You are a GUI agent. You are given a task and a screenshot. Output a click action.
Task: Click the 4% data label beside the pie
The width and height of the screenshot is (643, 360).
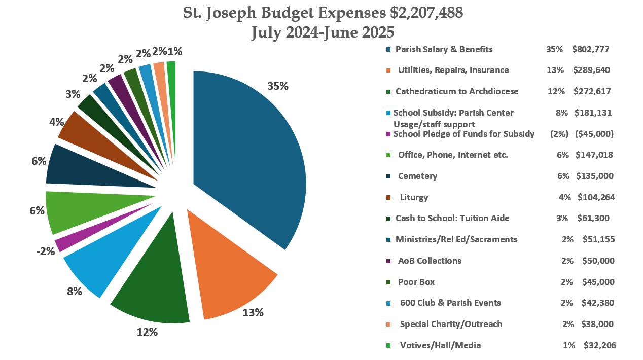tap(57, 122)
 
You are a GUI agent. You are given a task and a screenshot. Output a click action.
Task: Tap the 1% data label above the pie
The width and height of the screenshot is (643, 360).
tap(175, 51)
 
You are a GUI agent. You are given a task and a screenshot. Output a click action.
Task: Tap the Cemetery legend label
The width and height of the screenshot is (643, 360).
tap(417, 176)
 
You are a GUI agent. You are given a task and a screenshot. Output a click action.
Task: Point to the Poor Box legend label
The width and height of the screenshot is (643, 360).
tap(416, 281)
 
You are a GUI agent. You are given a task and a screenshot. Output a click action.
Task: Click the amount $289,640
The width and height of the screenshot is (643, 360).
tap(591, 70)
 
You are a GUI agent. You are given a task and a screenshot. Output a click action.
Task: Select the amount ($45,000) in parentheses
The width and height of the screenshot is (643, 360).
tap(594, 134)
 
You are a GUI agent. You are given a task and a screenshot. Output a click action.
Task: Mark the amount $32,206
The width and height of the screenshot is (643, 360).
tap(599, 345)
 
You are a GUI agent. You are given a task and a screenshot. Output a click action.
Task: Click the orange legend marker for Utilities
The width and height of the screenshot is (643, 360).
tap(388, 70)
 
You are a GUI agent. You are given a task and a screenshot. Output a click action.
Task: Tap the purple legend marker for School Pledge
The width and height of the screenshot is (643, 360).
tap(388, 134)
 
